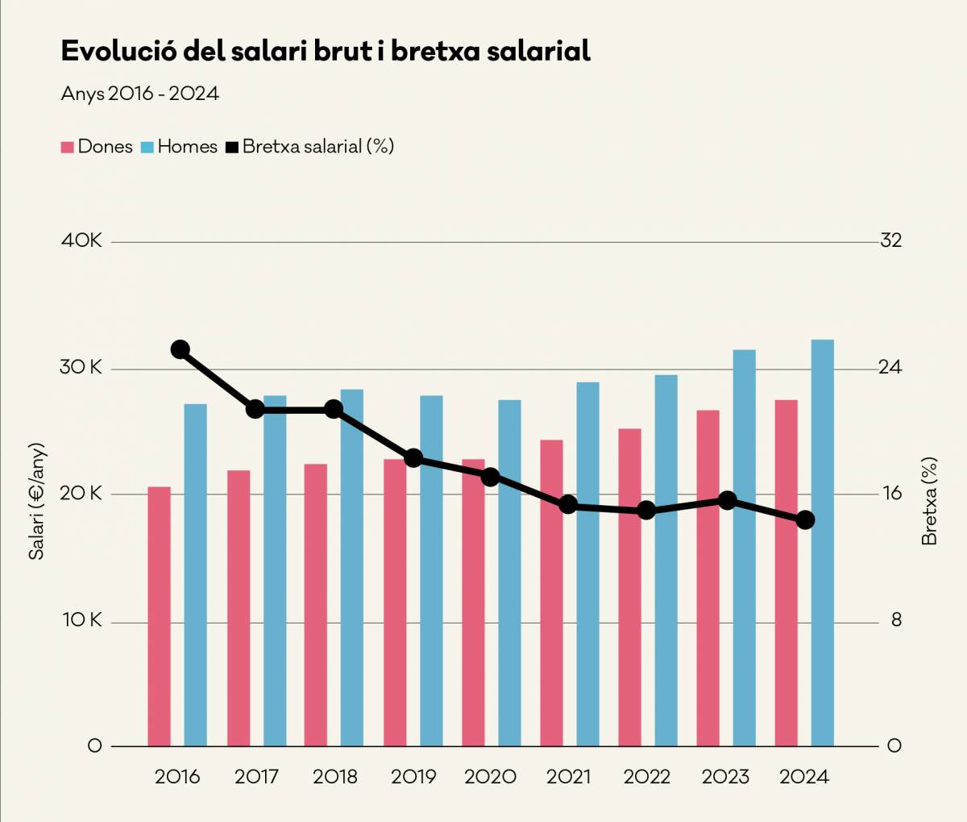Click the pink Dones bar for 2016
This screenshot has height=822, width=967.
[x=160, y=616]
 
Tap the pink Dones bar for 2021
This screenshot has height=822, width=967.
[x=552, y=593]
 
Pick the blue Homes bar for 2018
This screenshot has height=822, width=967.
[x=352, y=568]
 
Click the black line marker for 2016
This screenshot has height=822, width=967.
[x=181, y=349]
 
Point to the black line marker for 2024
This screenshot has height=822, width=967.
[x=805, y=520]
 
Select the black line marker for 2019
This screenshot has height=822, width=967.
[x=413, y=458]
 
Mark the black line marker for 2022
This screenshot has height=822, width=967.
[x=646, y=511]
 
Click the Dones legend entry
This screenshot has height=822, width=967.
[x=97, y=147]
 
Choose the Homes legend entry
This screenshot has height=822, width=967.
[x=179, y=147]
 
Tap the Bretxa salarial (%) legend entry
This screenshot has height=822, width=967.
[x=309, y=147]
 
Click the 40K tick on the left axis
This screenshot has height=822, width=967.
[x=81, y=240]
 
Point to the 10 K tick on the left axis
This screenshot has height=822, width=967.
[x=82, y=620]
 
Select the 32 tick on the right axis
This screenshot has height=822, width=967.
[x=890, y=240]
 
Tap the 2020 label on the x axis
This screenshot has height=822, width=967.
[x=490, y=777]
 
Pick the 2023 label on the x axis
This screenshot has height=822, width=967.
[x=725, y=777]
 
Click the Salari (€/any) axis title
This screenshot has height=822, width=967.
[x=37, y=501]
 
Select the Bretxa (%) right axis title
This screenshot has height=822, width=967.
[x=929, y=501]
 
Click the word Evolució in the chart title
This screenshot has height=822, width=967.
[x=118, y=51]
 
